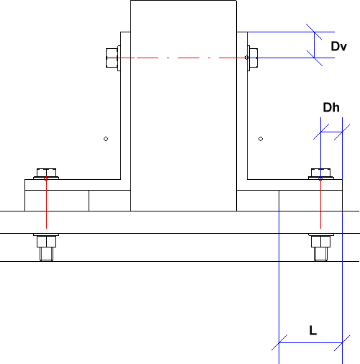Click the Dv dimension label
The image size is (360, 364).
(338, 46)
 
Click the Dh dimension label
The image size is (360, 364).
(331, 107)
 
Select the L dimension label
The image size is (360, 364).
(313, 330)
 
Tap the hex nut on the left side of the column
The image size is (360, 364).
(112, 58)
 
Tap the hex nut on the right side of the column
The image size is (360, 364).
(253, 58)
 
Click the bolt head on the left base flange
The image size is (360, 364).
(46, 173)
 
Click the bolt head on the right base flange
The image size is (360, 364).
(320, 173)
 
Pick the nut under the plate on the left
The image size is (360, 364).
(46, 242)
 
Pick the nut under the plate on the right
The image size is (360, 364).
(320, 242)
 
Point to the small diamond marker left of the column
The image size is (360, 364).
(106, 139)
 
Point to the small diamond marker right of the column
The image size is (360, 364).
(261, 139)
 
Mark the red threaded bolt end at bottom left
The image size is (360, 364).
(46, 254)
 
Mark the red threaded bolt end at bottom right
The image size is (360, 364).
(320, 254)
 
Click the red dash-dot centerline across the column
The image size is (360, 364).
(181, 58)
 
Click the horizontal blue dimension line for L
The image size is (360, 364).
(310, 342)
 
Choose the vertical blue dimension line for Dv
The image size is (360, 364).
(315, 45)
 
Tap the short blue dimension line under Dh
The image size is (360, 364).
(331, 132)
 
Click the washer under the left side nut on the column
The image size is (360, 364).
(119, 58)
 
